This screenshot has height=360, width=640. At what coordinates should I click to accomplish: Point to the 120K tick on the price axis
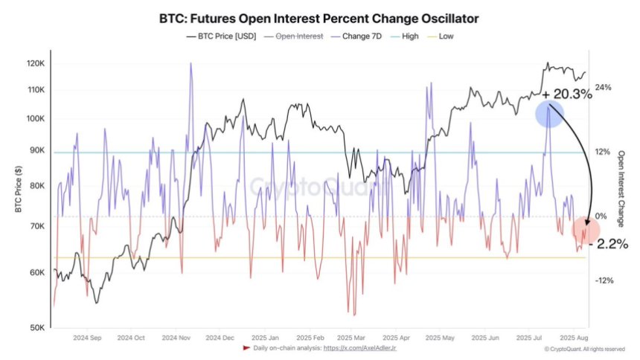(35, 64)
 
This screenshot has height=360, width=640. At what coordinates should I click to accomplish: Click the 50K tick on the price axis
(37, 327)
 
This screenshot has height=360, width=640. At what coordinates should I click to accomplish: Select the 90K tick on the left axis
(37, 151)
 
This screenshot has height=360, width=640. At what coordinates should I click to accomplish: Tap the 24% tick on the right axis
(603, 88)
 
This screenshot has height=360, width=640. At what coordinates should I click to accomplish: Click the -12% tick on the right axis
(603, 280)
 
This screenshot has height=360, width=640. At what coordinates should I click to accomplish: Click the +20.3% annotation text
(567, 94)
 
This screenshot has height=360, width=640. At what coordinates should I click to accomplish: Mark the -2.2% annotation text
(609, 244)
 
